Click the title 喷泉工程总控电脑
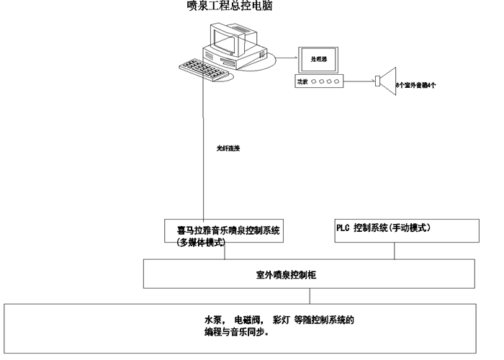(x=230, y=6)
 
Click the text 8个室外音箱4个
(x=415, y=85)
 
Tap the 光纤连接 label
(x=228, y=148)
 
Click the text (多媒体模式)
(x=202, y=243)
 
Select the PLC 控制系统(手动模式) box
(x=406, y=230)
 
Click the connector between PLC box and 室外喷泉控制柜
(x=395, y=251)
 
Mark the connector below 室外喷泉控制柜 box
(x=310, y=297)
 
